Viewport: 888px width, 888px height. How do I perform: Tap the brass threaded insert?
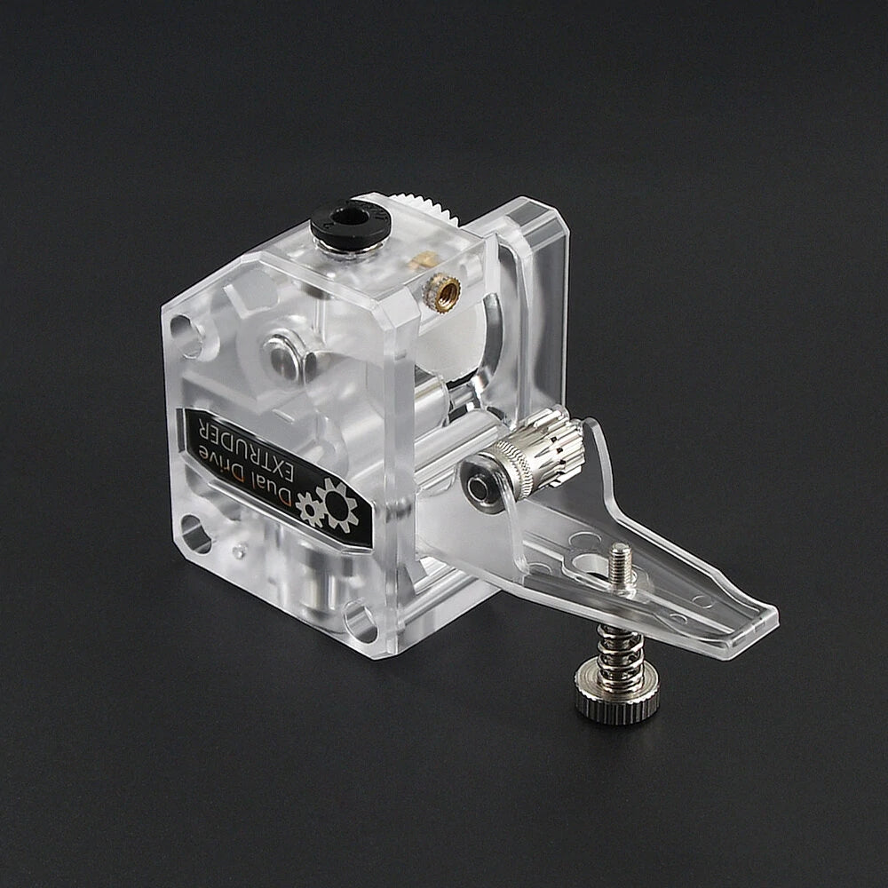[x=442, y=288]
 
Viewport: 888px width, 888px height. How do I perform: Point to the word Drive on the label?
[x=234, y=472]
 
